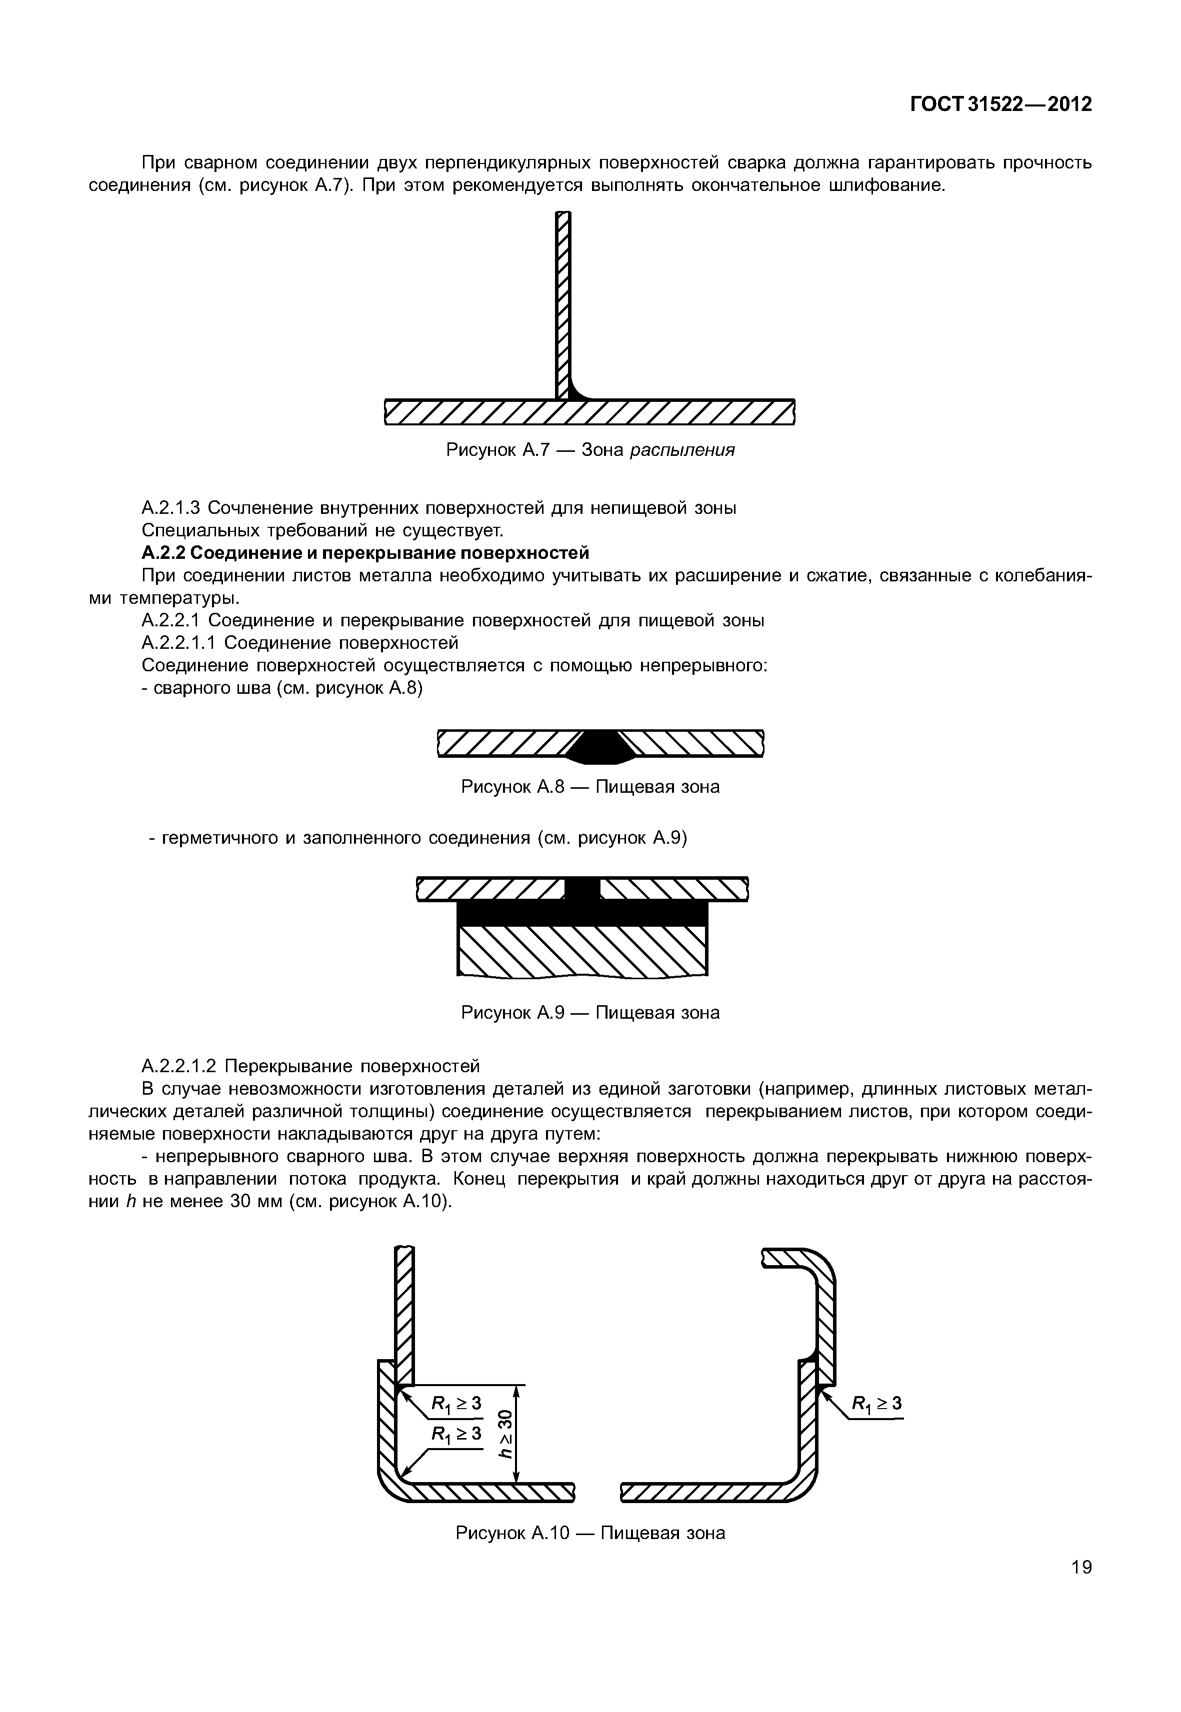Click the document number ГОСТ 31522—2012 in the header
(1001, 105)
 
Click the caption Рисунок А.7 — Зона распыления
(590, 450)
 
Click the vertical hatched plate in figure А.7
(564, 296)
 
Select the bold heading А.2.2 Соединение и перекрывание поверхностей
(365, 553)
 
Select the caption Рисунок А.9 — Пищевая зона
(590, 1012)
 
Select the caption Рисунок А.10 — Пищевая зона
(590, 1532)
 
